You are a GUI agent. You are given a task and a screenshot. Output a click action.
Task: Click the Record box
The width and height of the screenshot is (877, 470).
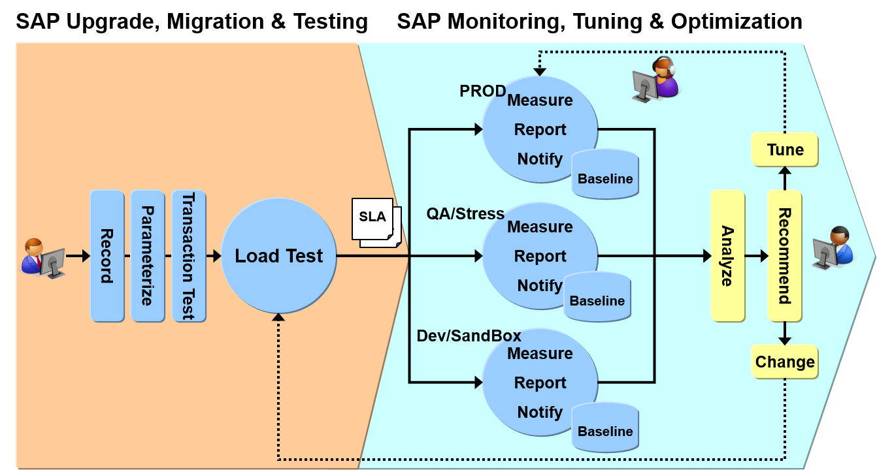[107, 256]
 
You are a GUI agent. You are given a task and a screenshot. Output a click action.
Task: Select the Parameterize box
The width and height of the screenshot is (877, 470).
[147, 256]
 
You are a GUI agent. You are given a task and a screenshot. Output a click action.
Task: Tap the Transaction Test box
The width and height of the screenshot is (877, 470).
[188, 256]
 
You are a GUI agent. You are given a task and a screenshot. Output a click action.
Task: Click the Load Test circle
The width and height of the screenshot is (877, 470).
[278, 256]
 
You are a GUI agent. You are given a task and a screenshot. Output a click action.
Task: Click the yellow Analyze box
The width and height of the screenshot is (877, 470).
[727, 256]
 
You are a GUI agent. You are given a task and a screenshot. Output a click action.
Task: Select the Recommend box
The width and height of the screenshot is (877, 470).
[784, 256]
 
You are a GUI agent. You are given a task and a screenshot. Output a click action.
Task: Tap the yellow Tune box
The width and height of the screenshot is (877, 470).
[785, 149]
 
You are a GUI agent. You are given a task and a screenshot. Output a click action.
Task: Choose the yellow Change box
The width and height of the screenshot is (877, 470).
[785, 362]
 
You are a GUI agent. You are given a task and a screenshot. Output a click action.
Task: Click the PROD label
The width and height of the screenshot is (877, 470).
[482, 91]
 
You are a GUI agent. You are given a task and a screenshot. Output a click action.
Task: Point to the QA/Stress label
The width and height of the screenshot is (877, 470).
[465, 213]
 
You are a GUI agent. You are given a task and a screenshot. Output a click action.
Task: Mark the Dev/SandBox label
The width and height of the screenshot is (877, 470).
[469, 336]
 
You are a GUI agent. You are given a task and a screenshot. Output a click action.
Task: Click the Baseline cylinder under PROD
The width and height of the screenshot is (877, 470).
[605, 175]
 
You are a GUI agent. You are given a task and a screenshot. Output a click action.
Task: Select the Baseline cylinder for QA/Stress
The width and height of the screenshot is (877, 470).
[597, 298]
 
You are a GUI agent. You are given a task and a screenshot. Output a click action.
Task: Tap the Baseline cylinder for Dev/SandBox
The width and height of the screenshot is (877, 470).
[605, 428]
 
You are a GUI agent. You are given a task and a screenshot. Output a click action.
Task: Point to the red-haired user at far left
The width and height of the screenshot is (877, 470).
[42, 258]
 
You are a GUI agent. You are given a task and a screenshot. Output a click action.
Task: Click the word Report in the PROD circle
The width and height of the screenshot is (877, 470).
[540, 129]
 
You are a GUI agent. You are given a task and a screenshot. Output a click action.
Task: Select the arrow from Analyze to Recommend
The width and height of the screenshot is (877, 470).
[756, 256]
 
